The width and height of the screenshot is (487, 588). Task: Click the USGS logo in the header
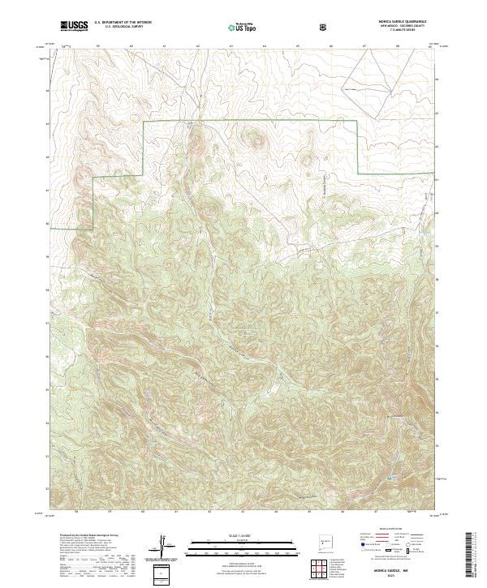pyautogui.click(x=74, y=26)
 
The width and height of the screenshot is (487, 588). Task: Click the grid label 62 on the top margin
pyautogui.click(x=198, y=47)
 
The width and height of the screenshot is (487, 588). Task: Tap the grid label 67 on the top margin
pyautogui.click(x=363, y=47)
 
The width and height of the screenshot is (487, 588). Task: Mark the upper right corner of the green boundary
pyautogui.click(x=359, y=122)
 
